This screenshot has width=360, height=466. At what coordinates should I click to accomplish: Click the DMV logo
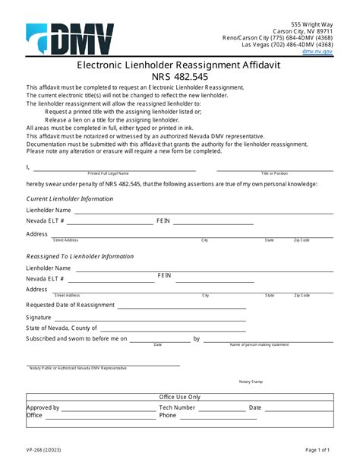(x=70, y=39)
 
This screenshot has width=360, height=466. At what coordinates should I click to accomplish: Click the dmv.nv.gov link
(x=317, y=51)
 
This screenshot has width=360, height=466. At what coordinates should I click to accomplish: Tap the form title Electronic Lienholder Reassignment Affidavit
(x=180, y=67)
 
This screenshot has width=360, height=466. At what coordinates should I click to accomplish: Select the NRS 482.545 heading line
(x=180, y=78)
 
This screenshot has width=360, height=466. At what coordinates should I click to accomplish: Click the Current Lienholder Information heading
(x=69, y=198)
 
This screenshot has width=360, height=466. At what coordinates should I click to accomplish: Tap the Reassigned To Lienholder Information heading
(x=80, y=256)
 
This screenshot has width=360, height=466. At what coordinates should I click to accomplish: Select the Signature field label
(x=39, y=316)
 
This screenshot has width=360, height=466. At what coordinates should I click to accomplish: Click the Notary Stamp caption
(x=250, y=382)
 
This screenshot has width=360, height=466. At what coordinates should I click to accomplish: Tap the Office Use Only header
(x=180, y=397)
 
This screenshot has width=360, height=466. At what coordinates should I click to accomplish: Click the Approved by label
(x=43, y=407)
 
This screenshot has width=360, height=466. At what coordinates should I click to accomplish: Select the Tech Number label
(x=177, y=407)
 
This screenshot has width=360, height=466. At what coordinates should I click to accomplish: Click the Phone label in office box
(x=168, y=416)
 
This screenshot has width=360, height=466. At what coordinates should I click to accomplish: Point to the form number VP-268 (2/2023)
(x=45, y=451)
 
